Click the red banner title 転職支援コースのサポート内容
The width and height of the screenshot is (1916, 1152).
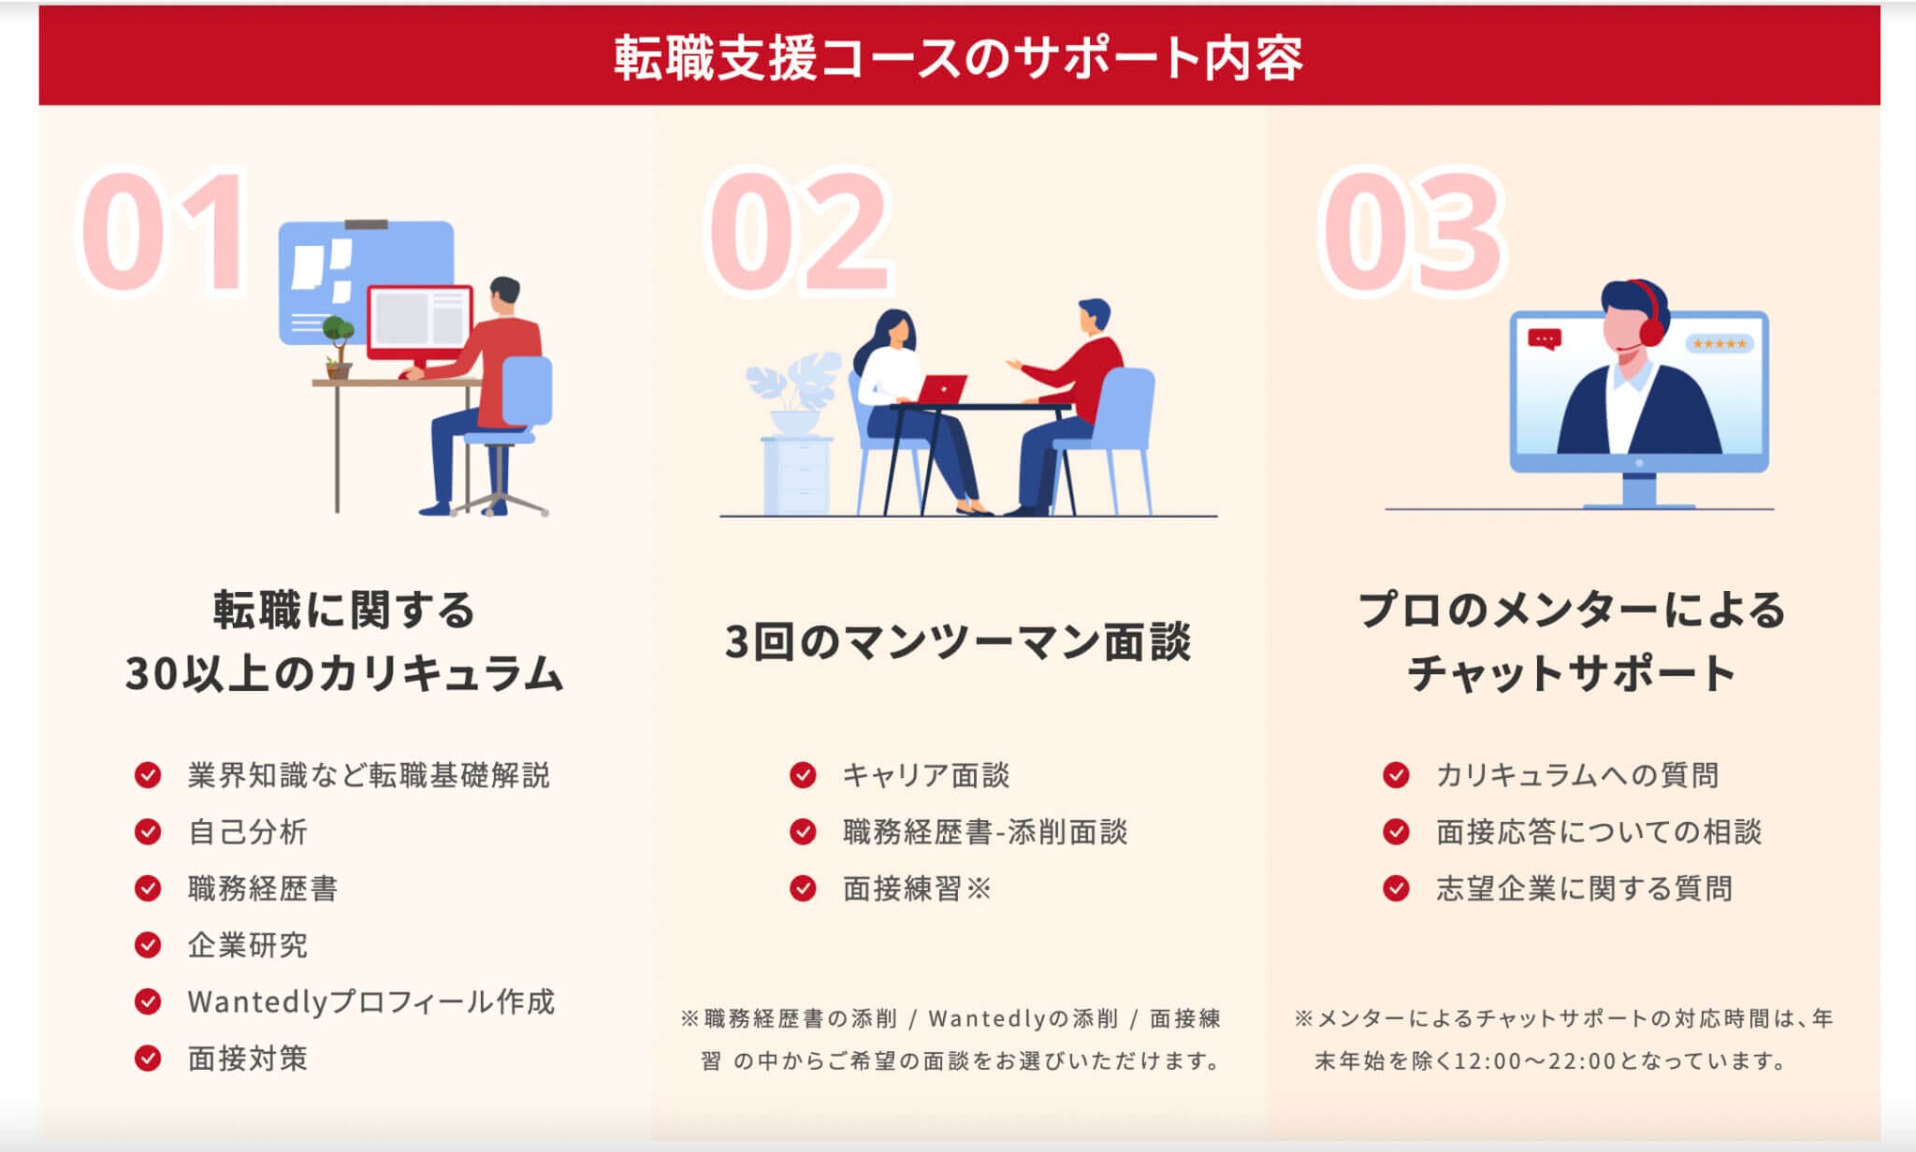[x=958, y=57]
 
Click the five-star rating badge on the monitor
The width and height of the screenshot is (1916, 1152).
[x=1720, y=344]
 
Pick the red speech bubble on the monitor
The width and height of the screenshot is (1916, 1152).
[x=1544, y=339]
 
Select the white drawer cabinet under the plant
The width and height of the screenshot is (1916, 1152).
[x=797, y=476]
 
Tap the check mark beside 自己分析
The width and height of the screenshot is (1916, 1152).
[x=148, y=831]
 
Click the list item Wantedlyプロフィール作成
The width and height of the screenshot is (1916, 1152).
[x=370, y=1001]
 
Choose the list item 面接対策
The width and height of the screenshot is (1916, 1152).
[x=248, y=1058]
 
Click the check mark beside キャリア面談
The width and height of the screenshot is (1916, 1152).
[x=803, y=774]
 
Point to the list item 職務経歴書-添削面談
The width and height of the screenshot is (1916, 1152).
[x=985, y=831]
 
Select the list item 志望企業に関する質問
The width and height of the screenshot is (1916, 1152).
[x=1584, y=887]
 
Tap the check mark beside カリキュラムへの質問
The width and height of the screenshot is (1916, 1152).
[x=1396, y=774]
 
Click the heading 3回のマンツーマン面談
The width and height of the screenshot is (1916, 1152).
[x=958, y=641]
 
